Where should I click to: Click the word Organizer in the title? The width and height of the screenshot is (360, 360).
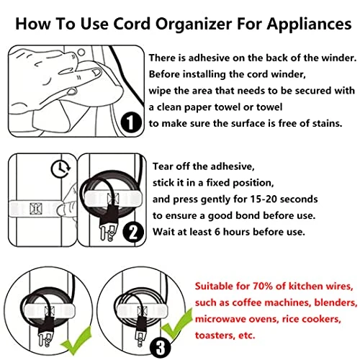pyautogui.click(x=194, y=24)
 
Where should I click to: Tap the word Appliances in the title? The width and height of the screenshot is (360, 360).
pyautogui.click(x=309, y=24)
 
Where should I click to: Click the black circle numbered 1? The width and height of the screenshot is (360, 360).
pyautogui.click(x=131, y=122)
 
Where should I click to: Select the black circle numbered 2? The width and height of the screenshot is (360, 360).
pyautogui.click(x=133, y=232)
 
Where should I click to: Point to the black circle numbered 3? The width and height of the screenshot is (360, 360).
pyautogui.click(x=161, y=347)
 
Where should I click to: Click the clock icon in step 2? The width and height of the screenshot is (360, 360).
pyautogui.click(x=60, y=168)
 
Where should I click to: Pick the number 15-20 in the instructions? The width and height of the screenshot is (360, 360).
pyautogui.click(x=264, y=199)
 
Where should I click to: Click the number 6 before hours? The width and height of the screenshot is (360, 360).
pyautogui.click(x=217, y=232)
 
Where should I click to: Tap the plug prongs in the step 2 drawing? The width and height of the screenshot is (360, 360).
pyautogui.click(x=107, y=233)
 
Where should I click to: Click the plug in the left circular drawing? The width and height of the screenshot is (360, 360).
pyautogui.click(x=46, y=332)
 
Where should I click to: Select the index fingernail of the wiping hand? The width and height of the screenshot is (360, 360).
pyautogui.click(x=97, y=72)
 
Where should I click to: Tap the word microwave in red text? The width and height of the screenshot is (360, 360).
pyautogui.click(x=220, y=319)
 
